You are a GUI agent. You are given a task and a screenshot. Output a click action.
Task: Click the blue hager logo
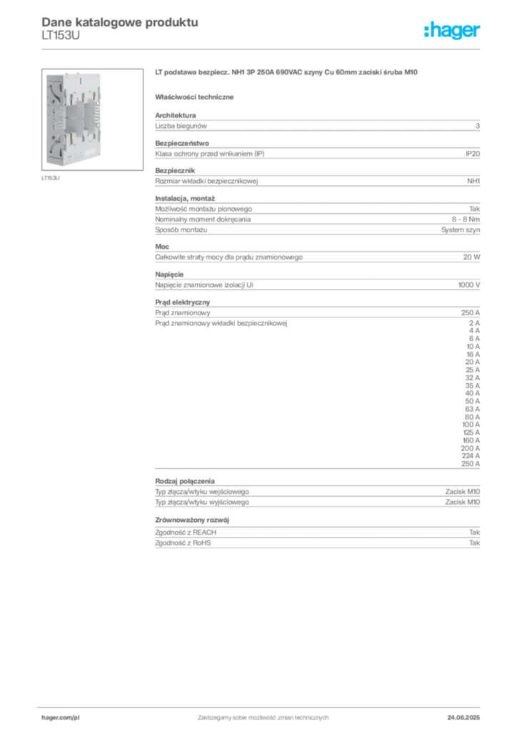(x=453, y=31)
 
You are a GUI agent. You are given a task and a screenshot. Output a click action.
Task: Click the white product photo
(x=74, y=118)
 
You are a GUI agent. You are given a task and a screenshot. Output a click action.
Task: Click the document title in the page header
(x=118, y=21)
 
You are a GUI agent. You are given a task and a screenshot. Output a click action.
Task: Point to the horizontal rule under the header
(x=262, y=48)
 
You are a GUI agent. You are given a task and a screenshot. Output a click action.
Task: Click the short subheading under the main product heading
(x=196, y=97)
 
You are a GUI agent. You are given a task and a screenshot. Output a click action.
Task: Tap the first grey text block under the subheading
(x=316, y=124)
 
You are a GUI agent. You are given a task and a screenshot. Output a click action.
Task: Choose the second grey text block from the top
(x=316, y=152)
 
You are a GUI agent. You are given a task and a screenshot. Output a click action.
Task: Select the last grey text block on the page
(x=316, y=534)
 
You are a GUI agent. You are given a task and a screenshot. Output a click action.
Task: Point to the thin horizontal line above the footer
(x=262, y=705)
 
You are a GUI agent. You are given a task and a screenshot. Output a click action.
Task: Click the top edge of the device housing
(x=74, y=72)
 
